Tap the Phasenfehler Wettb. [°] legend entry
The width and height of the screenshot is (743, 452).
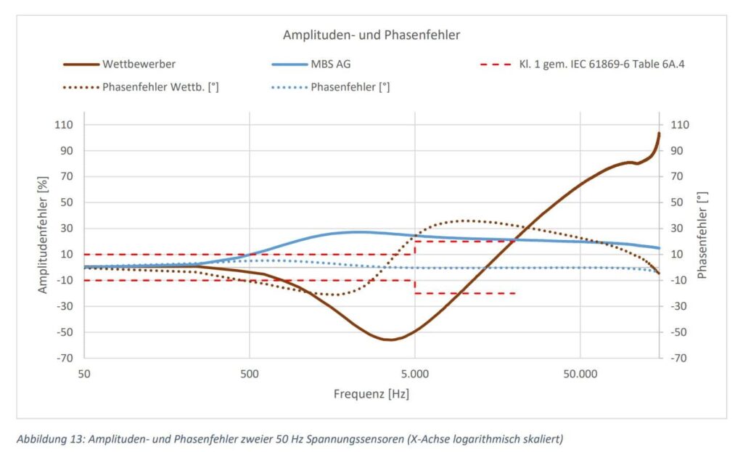click(160, 88)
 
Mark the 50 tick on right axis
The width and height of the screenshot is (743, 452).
click(678, 202)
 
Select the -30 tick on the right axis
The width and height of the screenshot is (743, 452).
click(679, 306)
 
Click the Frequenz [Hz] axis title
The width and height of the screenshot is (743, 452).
click(371, 394)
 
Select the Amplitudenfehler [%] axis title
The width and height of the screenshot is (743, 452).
click(43, 234)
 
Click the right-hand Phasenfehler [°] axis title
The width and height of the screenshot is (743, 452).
click(701, 234)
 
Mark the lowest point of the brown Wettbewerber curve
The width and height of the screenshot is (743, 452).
click(390, 340)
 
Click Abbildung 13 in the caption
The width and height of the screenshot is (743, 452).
click(50, 439)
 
